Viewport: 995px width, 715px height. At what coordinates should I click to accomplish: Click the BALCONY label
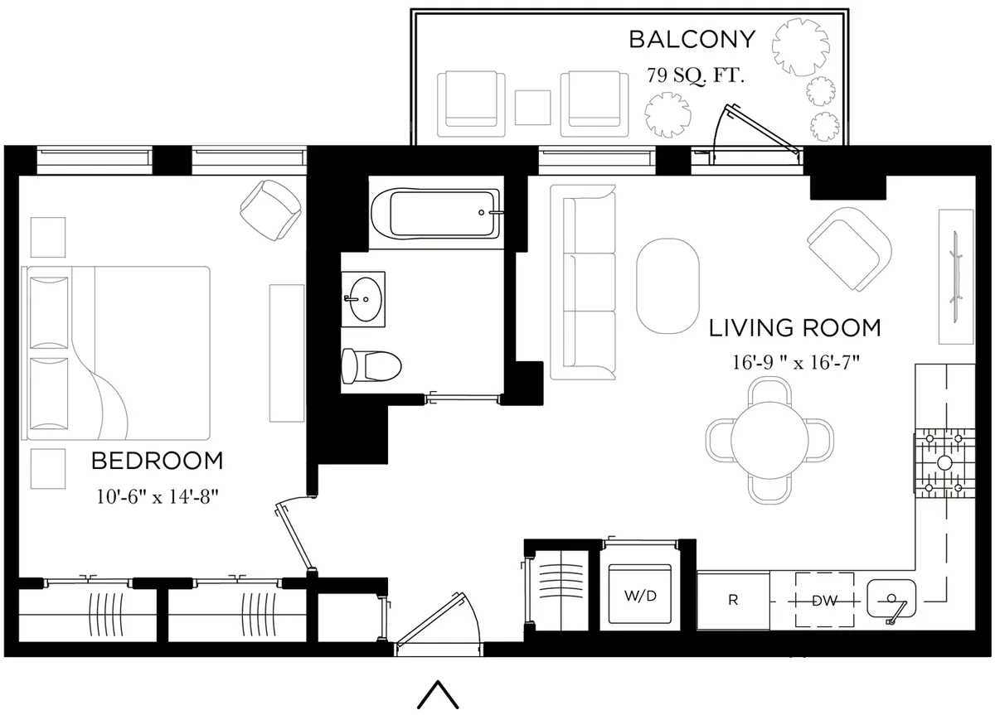[692, 40]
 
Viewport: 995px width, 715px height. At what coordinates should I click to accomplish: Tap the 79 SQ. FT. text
[696, 76]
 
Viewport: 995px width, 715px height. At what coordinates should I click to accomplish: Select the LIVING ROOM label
[794, 328]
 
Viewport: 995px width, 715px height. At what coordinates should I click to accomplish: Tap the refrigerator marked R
[733, 600]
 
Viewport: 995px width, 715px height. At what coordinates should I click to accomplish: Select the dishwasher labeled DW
[824, 600]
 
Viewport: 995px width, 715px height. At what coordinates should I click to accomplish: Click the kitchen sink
[892, 597]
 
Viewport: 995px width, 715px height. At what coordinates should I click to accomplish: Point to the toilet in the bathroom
[371, 365]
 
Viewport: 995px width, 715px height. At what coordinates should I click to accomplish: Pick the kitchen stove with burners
[944, 462]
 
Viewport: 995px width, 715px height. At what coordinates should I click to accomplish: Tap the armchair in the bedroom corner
[269, 206]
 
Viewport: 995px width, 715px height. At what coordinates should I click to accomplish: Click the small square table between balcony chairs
[533, 105]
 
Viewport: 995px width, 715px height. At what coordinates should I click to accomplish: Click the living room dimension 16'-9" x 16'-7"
[794, 362]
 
